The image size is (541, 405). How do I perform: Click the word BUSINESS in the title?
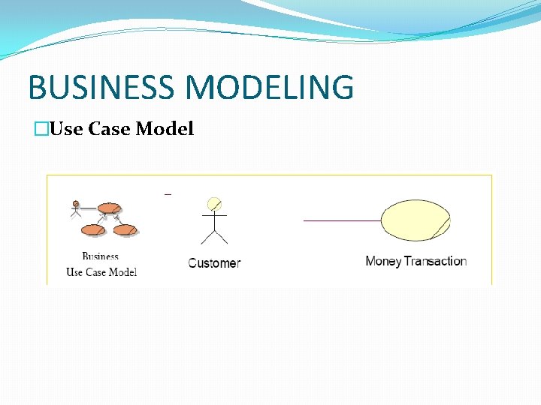coord(103,87)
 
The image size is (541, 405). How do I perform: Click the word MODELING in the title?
coord(270,87)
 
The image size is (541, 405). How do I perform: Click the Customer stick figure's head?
coord(214,204)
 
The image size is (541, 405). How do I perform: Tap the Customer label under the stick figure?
coord(214,263)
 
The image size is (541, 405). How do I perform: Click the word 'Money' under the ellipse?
coord(383,262)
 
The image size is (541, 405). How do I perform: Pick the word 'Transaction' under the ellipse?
coord(436,262)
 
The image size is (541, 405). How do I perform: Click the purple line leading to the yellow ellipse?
coord(342,221)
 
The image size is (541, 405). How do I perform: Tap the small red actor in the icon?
coord(75,208)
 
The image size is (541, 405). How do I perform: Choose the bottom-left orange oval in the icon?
coord(93,229)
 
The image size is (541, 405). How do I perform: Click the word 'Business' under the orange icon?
coord(101,256)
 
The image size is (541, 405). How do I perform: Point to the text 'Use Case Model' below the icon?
coord(101,272)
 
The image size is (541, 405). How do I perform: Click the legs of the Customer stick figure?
coord(214,236)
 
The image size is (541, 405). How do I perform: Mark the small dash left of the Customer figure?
coord(168,195)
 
